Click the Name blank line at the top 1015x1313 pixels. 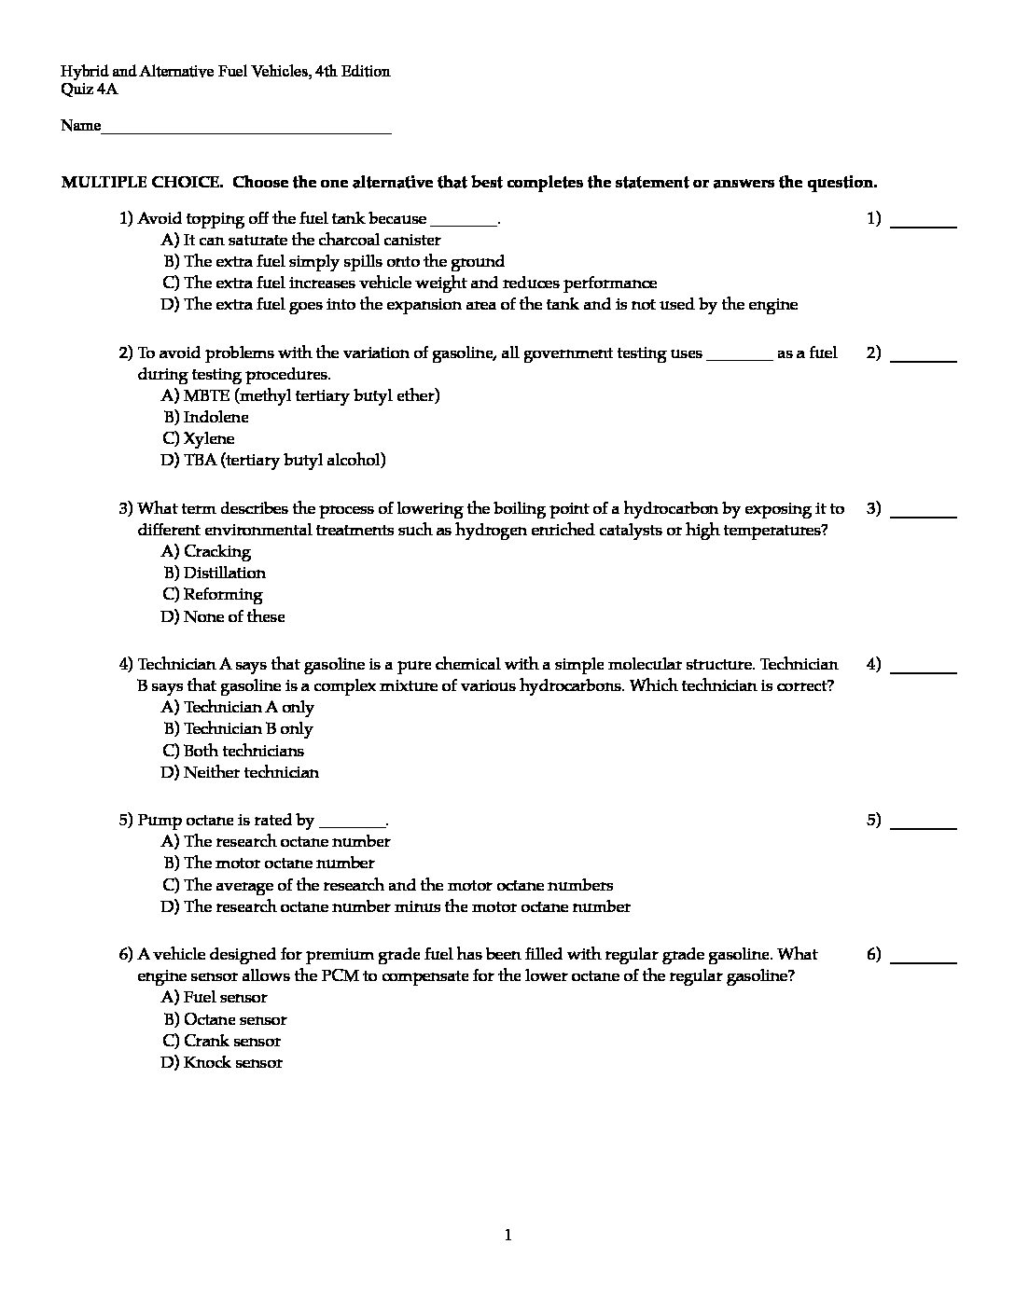pos(246,131)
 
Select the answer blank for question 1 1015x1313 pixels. pos(924,224)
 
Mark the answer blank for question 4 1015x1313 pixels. pos(924,670)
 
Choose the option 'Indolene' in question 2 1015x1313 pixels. pos(216,417)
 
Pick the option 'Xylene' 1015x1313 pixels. pos(209,438)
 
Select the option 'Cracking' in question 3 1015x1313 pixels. pos(216,551)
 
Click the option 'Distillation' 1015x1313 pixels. pos(224,573)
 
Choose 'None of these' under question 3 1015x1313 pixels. pos(233,616)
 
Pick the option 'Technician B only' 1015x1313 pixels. pos(247,728)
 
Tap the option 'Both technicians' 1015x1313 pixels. pos(243,751)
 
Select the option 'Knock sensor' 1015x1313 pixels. pos(232,1062)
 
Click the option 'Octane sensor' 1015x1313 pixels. pos(234,1019)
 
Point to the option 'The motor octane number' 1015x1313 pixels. pos(278,864)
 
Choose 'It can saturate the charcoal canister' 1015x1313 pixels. pos(312,240)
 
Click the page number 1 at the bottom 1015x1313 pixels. pos(507,1236)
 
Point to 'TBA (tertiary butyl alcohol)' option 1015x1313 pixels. pos(284,460)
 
